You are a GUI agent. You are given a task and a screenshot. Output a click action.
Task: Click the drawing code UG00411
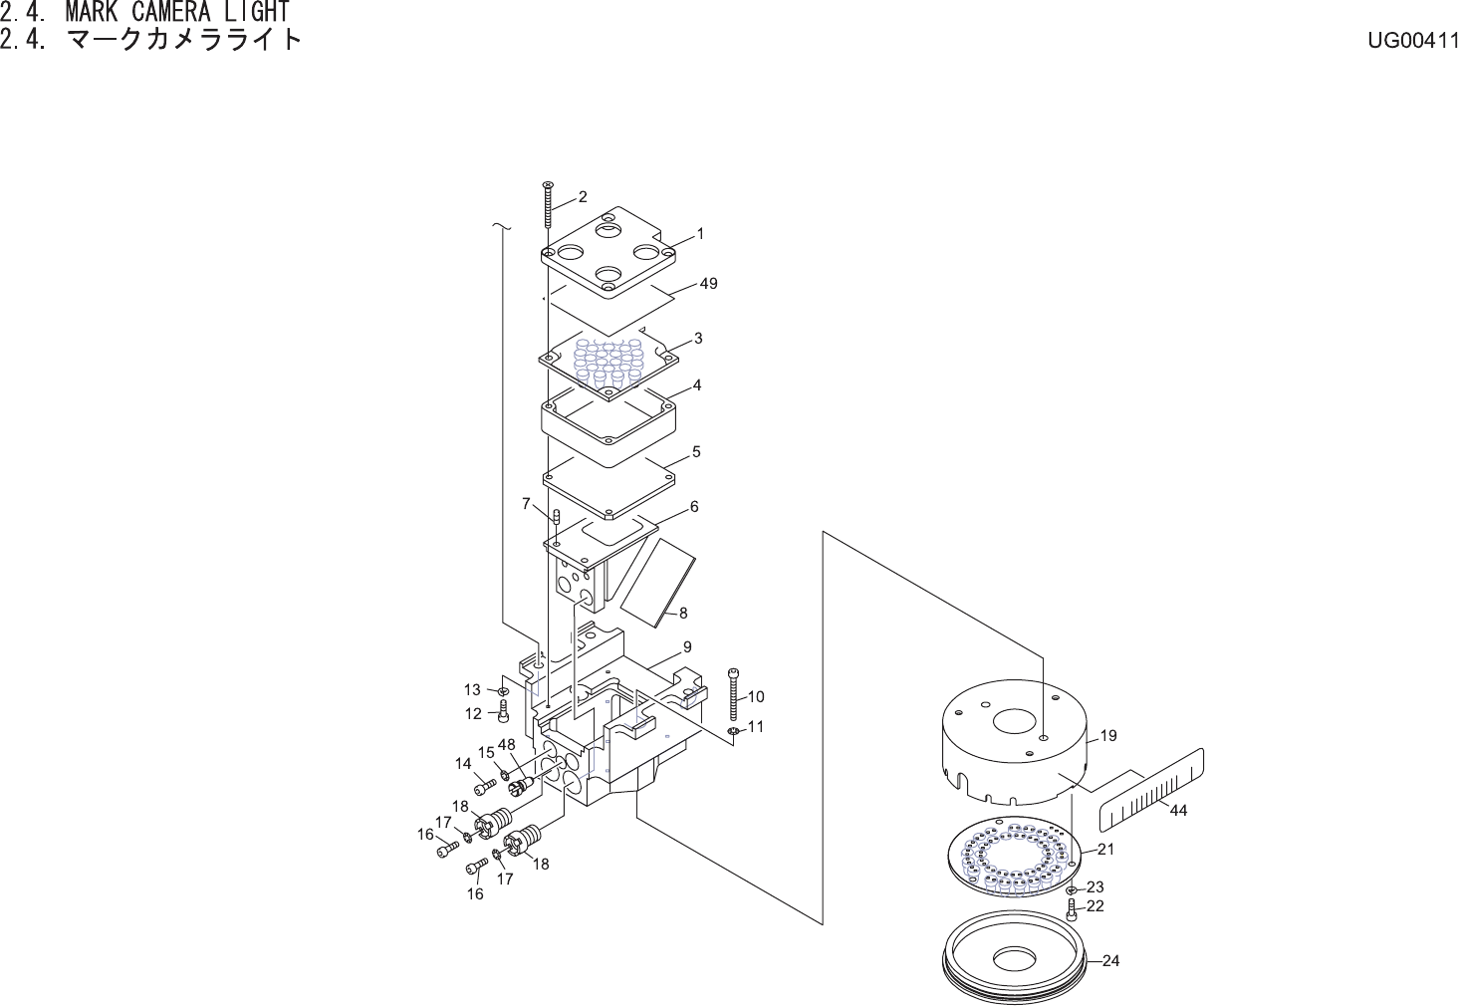1412,41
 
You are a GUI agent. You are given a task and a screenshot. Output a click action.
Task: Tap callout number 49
708,284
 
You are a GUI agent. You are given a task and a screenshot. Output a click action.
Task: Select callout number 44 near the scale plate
1178,811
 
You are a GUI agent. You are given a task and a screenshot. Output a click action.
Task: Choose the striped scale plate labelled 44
1150,790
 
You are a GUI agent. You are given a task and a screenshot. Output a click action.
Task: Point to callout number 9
687,647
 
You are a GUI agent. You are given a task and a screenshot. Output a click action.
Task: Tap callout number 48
507,745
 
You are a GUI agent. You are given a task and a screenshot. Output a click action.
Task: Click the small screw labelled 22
1072,908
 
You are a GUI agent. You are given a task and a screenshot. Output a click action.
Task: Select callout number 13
472,689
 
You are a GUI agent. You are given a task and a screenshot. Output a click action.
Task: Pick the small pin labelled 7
557,515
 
